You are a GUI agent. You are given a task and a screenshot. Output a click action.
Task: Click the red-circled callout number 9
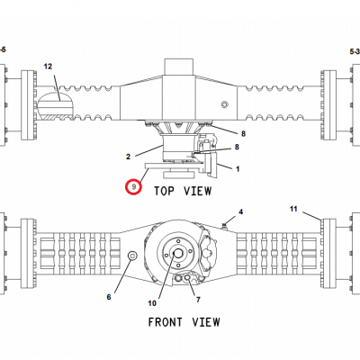(134, 187)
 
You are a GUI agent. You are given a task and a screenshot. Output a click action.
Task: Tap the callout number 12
(48, 67)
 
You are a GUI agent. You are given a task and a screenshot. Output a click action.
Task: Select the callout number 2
(128, 157)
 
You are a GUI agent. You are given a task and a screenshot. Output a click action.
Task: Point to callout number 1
(238, 169)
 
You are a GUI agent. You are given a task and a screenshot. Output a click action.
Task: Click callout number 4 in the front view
(241, 212)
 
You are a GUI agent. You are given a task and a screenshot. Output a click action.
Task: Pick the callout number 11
(293, 209)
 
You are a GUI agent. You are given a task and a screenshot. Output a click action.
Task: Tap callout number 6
(109, 297)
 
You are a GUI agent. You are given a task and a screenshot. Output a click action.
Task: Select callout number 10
(152, 303)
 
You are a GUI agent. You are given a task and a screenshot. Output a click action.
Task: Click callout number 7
(198, 300)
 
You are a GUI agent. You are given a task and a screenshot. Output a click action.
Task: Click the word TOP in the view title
(164, 191)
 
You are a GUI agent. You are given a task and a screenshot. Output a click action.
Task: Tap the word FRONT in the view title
(166, 322)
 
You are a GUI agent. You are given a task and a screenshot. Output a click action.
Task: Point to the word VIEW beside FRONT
(206, 322)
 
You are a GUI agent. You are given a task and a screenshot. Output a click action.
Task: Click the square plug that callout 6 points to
(132, 256)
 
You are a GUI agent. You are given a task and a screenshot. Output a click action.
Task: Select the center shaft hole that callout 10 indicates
(178, 254)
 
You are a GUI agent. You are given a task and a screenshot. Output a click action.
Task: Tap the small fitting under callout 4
(224, 225)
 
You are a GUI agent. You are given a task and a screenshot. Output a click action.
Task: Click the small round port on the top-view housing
(224, 104)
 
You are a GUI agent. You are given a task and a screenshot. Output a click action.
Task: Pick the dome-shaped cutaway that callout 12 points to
(55, 106)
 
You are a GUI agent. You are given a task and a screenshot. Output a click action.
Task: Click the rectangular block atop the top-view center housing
(178, 67)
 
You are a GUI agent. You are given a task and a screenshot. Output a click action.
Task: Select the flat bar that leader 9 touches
(175, 166)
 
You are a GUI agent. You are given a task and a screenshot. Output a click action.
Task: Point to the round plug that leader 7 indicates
(187, 277)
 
